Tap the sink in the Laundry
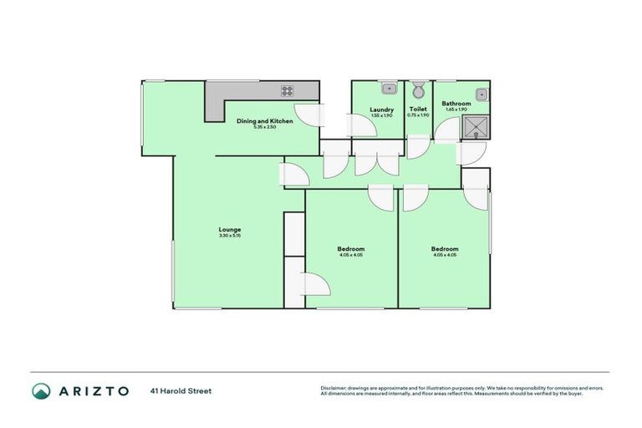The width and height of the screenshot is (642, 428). coord(388,89)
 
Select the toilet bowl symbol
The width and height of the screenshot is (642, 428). coord(419,90)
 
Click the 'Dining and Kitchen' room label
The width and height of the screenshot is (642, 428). coord(265,122)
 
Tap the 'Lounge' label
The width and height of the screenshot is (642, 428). coord(230,230)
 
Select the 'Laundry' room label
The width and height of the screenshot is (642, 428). coord(382,110)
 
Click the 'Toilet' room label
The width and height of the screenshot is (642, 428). coord(418,110)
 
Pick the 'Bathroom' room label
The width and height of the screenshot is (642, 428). coord(456,104)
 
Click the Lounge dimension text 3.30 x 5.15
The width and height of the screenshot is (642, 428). coord(230,237)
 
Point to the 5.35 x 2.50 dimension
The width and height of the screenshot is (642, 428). coord(265,128)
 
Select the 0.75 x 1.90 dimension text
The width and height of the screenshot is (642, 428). coord(418,115)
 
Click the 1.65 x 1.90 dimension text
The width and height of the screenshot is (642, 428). coord(456,110)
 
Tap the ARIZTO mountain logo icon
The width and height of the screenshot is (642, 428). coord(41,390)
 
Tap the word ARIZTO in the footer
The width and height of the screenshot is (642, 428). coord(94,390)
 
